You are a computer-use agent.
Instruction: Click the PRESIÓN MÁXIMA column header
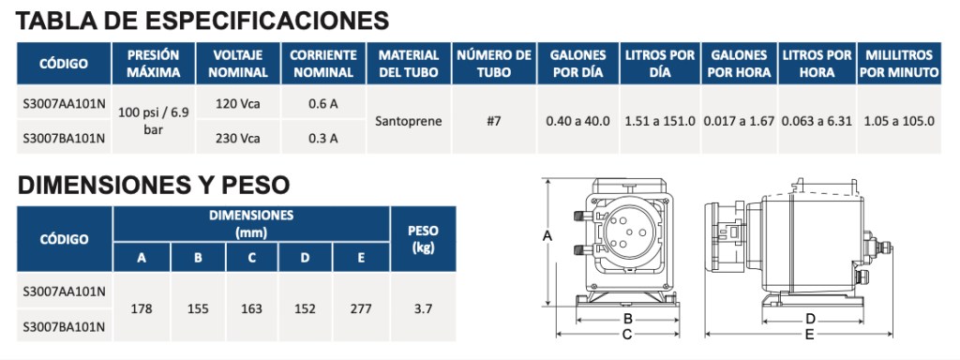pyautogui.click(x=153, y=64)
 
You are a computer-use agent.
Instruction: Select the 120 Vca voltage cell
pyautogui.click(x=237, y=103)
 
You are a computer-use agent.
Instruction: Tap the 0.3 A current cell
pyautogui.click(x=322, y=138)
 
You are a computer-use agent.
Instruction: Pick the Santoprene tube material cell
pyautogui.click(x=408, y=121)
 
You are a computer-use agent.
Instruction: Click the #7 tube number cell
pyautogui.click(x=493, y=121)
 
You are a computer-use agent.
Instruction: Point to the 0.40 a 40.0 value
pyautogui.click(x=577, y=121)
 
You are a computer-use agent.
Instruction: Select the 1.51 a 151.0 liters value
pyautogui.click(x=660, y=121)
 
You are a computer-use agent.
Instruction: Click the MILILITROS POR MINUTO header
pyautogui.click(x=899, y=64)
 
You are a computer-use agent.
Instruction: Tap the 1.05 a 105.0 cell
pyautogui.click(x=899, y=121)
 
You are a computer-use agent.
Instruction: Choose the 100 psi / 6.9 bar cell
pyautogui.click(x=153, y=121)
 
